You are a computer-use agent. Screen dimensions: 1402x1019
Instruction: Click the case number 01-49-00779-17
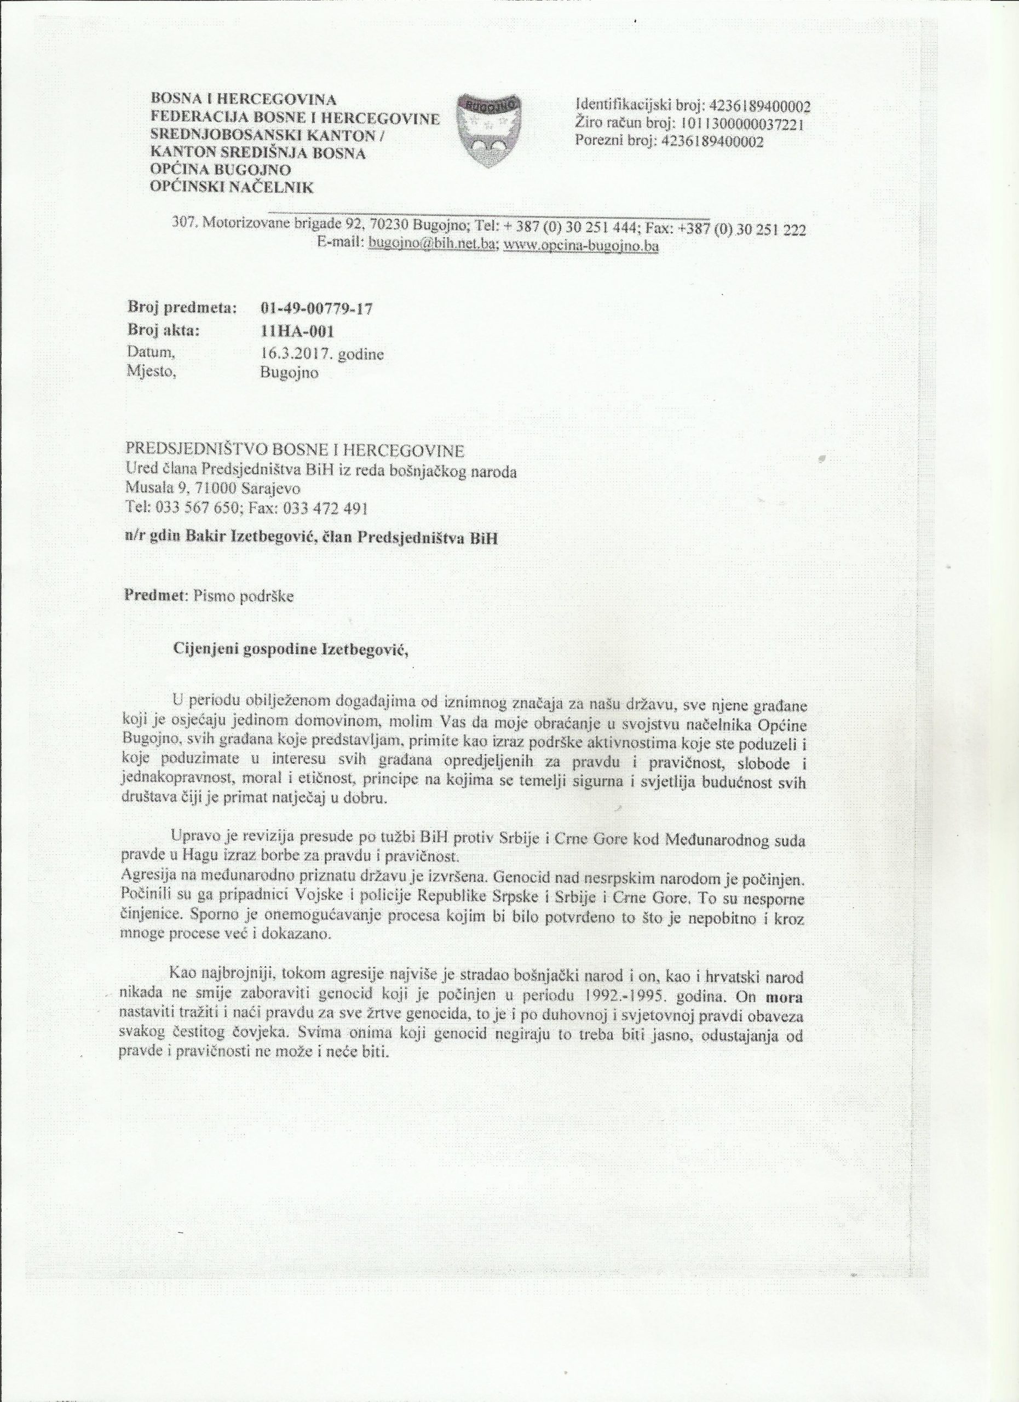tap(318, 308)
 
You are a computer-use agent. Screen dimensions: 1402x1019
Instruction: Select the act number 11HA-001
tap(298, 332)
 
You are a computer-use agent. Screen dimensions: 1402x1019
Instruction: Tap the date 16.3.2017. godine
tap(323, 354)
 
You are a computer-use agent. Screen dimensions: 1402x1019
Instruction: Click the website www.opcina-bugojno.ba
tap(582, 245)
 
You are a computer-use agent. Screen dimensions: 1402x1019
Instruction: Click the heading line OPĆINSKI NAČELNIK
tap(232, 187)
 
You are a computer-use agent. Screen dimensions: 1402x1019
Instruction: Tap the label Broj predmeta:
tap(182, 307)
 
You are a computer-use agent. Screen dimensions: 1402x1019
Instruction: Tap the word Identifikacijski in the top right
tap(619, 104)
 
